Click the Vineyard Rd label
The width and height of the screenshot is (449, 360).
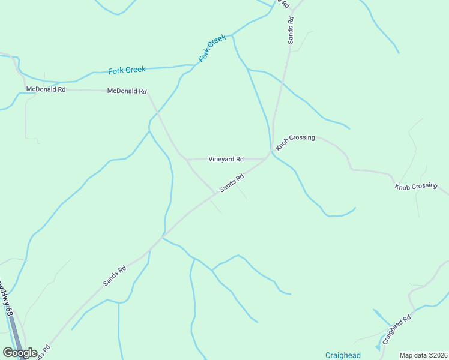pyautogui.click(x=226, y=160)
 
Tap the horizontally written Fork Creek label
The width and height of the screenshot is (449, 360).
pyautogui.click(x=127, y=70)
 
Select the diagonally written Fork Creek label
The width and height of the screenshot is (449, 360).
pyautogui.click(x=212, y=49)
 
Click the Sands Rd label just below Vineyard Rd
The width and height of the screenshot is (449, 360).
pyautogui.click(x=232, y=183)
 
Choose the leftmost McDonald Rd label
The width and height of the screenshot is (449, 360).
pyautogui.click(x=46, y=89)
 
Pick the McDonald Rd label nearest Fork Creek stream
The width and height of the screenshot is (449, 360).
pyautogui.click(x=127, y=91)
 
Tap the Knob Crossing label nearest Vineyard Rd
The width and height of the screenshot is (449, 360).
pyautogui.click(x=295, y=142)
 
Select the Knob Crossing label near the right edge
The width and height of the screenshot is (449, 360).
pyautogui.click(x=415, y=186)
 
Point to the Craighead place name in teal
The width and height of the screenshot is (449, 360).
pyautogui.click(x=343, y=355)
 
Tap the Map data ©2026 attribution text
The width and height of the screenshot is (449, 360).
pyautogui.click(x=423, y=355)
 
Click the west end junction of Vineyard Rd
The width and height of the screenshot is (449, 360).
pyautogui.click(x=186, y=160)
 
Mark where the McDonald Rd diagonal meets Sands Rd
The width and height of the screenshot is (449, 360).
pyautogui.click(x=215, y=194)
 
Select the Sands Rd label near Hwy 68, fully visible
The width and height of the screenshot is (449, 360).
pyautogui.click(x=114, y=275)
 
